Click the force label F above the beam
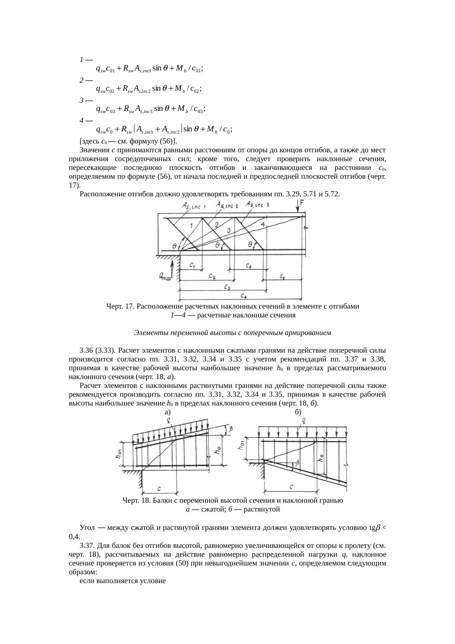(x=302, y=202)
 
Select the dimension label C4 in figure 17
(x=244, y=296)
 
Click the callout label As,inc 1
(x=193, y=207)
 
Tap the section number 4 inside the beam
(x=262, y=224)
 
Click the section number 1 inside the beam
(x=191, y=225)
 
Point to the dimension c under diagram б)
(x=291, y=487)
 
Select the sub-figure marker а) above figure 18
(x=168, y=412)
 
